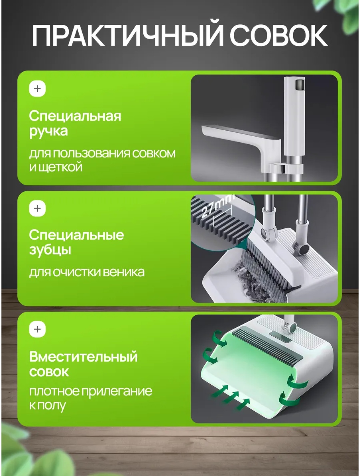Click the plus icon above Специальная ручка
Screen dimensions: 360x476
click(37, 89)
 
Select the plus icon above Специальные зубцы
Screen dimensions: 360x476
click(37, 208)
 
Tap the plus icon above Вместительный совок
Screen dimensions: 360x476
click(37, 329)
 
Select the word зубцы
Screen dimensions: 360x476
click(50, 250)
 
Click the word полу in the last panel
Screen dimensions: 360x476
click(51, 405)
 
